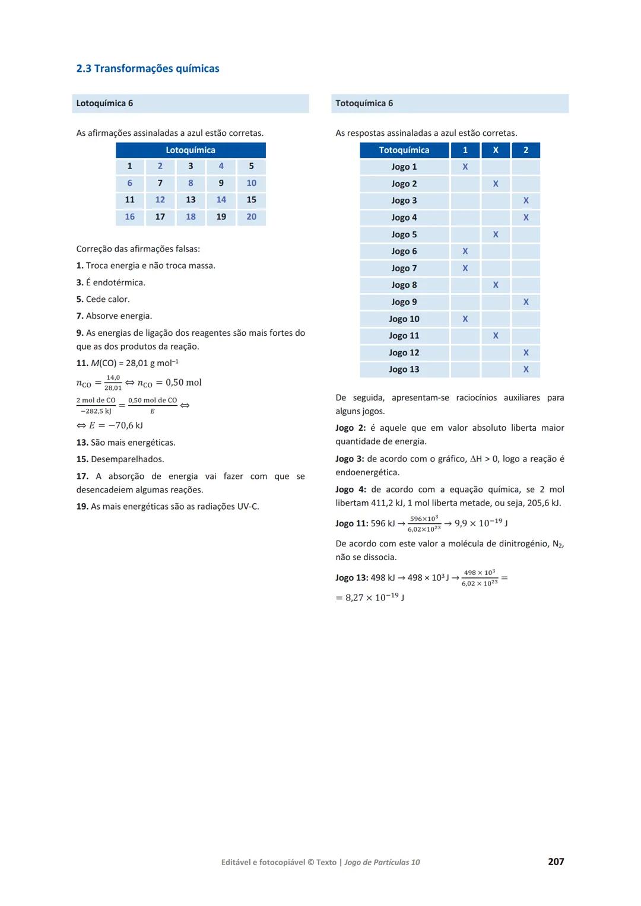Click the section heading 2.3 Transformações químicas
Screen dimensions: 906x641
[x=148, y=69]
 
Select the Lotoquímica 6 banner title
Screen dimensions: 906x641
[x=104, y=103]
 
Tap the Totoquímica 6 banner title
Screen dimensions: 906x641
[x=364, y=103]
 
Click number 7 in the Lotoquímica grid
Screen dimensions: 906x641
[x=160, y=183]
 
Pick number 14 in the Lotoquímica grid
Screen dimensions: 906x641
[x=221, y=200]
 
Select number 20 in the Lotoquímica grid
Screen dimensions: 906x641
[x=251, y=217]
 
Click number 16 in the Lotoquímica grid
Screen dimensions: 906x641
[x=129, y=217]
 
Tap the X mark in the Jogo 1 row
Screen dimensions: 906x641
[x=465, y=167]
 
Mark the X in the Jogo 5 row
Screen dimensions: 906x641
[x=496, y=234]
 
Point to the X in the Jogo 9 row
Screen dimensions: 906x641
[x=526, y=302]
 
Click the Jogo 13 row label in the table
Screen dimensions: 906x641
[x=404, y=370]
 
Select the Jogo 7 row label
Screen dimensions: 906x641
[x=404, y=268]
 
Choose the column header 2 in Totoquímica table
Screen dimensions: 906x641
[x=526, y=150]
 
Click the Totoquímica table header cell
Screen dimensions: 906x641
[x=404, y=150]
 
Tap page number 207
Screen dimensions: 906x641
[x=556, y=862]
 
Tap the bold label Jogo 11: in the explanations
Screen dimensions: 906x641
[x=351, y=523]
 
